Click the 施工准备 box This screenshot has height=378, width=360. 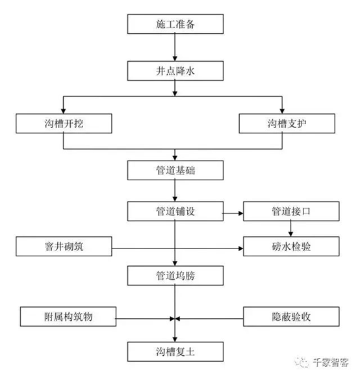tap(175, 24)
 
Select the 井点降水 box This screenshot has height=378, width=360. tap(175, 71)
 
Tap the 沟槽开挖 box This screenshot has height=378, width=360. tap(64, 124)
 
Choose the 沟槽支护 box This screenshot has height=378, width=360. tap(287, 124)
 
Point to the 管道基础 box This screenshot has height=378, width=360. tap(175, 170)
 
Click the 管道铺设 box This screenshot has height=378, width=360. tap(175, 211)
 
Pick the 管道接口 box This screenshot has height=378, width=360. tap(291, 211)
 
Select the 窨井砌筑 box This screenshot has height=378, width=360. tap(64, 246)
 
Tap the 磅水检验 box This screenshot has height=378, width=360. tap(291, 246)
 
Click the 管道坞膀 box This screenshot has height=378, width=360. tap(175, 276)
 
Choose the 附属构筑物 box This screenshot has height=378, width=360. tap(68, 317)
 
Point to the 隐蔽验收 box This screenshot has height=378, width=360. tap(291, 317)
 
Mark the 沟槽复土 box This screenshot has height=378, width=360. tap(175, 351)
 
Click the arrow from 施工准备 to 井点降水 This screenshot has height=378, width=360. tap(175, 47)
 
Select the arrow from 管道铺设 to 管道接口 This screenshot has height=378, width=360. tap(233, 213)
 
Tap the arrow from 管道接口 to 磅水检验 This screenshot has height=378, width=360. tap(290, 229)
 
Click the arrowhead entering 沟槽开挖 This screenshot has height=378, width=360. tap(63, 111)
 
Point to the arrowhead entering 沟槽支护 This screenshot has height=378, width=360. tap(282, 111)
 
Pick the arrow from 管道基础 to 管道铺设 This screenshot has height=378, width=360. tap(175, 191)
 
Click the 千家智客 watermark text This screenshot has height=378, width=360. tap(331, 362)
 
